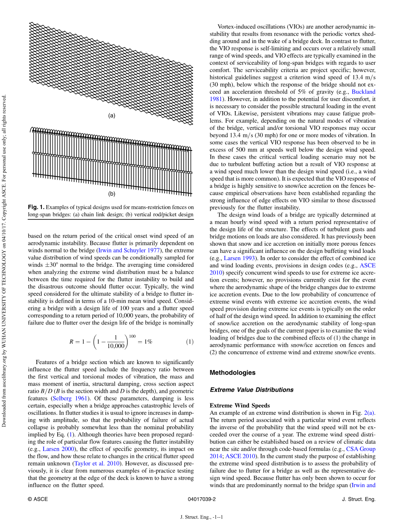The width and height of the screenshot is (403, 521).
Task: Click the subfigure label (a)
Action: [x=112, y=115]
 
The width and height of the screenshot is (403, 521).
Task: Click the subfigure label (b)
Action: [x=112, y=194]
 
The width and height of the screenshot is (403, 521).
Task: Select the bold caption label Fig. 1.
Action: [x=36, y=207]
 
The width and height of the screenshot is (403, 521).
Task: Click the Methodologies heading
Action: [x=232, y=373]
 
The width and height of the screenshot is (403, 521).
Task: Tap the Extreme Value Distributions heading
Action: [x=251, y=390]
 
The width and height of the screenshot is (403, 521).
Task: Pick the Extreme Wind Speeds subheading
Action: [x=240, y=406]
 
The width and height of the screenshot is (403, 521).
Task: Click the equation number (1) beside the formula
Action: [x=190, y=342]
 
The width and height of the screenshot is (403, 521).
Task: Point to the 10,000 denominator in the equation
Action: [x=116, y=346]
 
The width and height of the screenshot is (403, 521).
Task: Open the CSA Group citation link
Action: [x=361, y=449]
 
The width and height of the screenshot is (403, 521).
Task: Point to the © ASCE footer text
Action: [x=37, y=499]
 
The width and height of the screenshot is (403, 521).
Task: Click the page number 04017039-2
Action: [x=201, y=499]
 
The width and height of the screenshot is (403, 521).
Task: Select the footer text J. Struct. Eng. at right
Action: [x=358, y=499]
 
